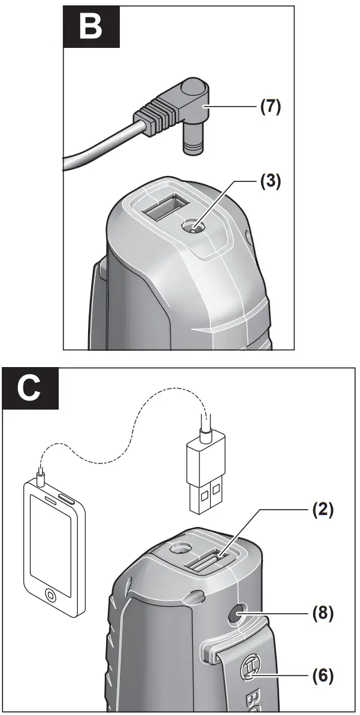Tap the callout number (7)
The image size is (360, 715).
point(270,107)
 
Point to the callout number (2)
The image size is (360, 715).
point(322,511)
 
